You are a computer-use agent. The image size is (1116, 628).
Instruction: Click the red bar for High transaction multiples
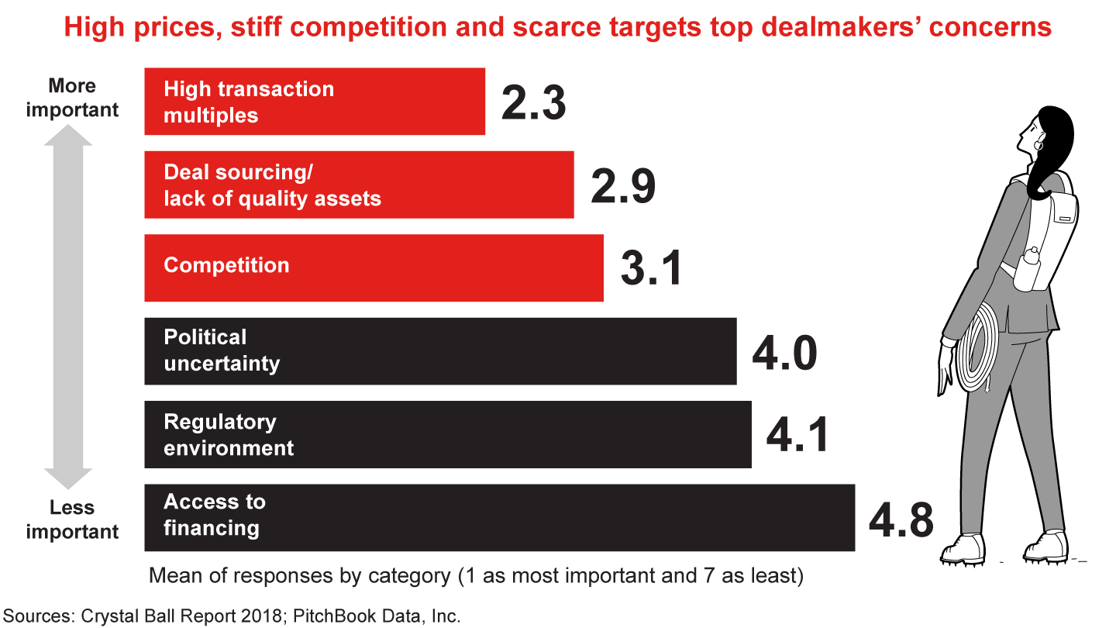coord(314,102)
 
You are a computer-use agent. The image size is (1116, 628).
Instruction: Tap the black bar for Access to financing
coord(499,517)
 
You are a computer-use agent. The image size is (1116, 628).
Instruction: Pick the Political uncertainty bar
coord(440,350)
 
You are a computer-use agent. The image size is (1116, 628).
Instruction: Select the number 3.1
coord(651,268)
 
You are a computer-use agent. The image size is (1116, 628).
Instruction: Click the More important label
coord(72,98)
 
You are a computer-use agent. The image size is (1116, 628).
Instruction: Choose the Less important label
coord(72,519)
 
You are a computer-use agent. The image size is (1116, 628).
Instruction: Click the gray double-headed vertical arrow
coord(68,306)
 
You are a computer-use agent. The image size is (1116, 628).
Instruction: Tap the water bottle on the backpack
coord(1032,268)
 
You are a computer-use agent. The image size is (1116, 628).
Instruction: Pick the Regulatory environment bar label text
coord(229,434)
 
